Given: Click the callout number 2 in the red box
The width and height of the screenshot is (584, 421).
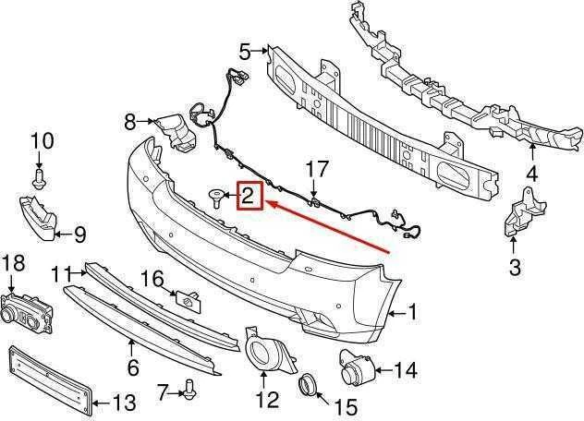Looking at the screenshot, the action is tap(248, 196).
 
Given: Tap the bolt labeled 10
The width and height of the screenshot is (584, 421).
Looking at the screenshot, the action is tap(38, 178).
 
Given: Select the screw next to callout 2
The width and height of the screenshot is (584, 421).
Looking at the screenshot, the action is tap(216, 198).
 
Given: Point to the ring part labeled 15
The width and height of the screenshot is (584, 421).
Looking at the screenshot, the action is tap(308, 382).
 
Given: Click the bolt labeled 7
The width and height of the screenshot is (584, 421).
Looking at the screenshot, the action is tap(190, 390).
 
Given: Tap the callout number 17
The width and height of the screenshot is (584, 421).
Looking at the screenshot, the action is tap(317, 169).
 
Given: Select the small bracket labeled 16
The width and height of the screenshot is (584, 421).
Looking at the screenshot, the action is tap(189, 300).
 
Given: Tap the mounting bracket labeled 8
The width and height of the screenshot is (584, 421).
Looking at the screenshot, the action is tap(175, 132).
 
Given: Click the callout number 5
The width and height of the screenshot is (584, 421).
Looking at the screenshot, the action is tap(245, 52).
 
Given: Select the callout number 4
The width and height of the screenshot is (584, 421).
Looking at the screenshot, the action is tap(531, 174).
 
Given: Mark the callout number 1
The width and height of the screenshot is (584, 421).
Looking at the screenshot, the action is tap(412, 312).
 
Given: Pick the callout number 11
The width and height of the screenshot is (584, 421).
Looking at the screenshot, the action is tap(61, 274).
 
